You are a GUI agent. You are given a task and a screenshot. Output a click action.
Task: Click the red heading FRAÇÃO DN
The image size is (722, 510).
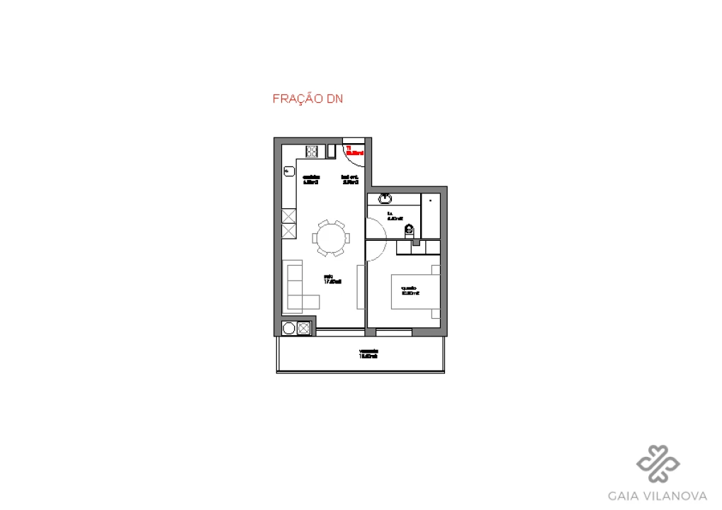coord(308,99)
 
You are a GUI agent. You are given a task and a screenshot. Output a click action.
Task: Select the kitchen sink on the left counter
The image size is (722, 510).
coord(288,171)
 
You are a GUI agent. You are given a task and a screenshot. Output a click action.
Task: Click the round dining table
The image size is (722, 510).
coord(331,239)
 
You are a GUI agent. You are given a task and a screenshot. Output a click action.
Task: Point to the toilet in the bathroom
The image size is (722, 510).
coord(409,229)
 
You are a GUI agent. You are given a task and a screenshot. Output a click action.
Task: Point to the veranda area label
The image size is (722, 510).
coord(368,353)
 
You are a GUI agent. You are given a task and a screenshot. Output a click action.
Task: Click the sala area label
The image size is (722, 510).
coord(332,279)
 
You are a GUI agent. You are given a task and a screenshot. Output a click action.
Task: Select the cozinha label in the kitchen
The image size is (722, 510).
coord(311,179)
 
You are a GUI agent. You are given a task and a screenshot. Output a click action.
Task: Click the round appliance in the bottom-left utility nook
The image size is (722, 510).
coord(288,328)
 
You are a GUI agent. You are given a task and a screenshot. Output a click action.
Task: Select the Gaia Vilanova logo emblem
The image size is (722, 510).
coord(658,463)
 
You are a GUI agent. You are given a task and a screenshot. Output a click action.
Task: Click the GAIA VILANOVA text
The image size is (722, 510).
coord(658,495)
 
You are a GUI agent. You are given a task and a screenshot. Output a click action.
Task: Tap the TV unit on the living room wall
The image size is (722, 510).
coord(360,287)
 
